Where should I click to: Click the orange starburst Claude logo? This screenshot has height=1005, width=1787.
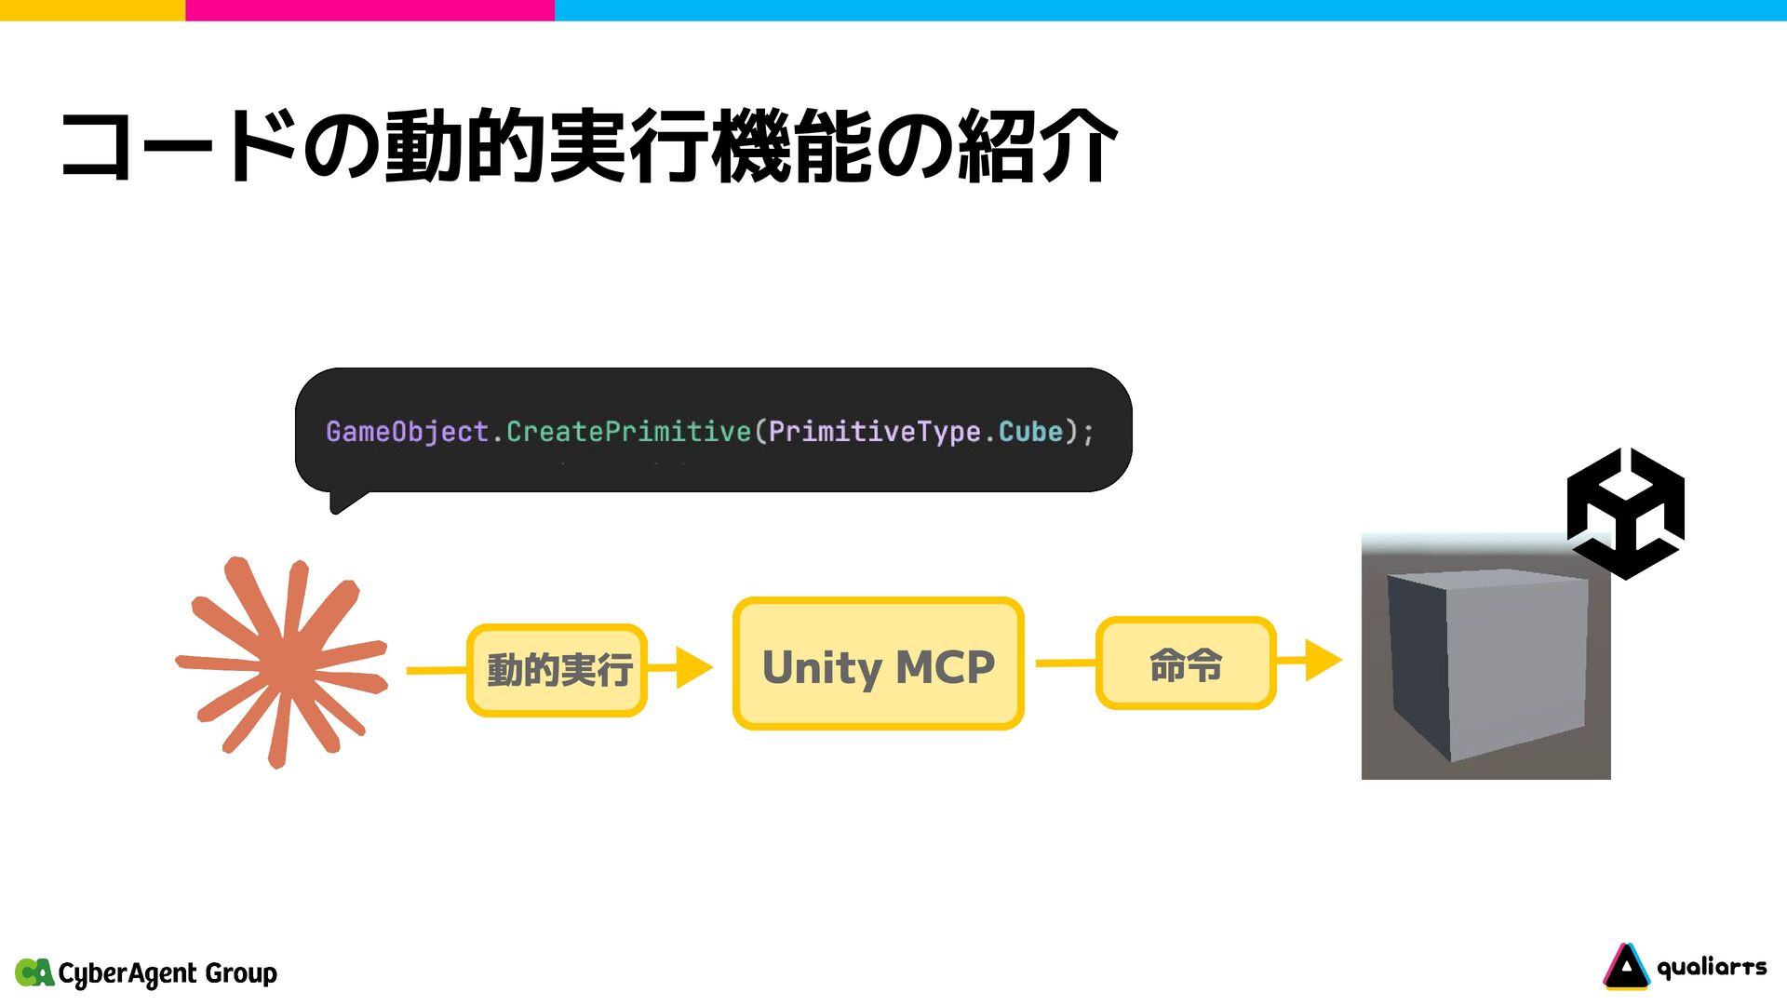pyautogui.click(x=282, y=663)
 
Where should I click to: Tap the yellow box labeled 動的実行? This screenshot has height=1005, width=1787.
pyautogui.click(x=558, y=670)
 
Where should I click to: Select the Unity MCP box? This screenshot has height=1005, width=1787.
pyautogui.click(x=878, y=664)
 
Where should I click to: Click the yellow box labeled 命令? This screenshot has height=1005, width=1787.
pyautogui.click(x=1185, y=663)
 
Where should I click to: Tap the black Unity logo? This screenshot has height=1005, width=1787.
pyautogui.click(x=1625, y=514)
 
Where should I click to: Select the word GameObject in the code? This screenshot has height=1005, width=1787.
pyautogui.click(x=407, y=432)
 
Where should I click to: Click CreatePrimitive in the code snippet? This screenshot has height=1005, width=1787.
pyautogui.click(x=628, y=432)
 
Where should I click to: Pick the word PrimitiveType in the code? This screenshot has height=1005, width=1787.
pyautogui.click(x=874, y=432)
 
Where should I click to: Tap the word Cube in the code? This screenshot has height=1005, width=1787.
pyautogui.click(x=1030, y=432)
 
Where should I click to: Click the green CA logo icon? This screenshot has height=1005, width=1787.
pyautogui.click(x=34, y=972)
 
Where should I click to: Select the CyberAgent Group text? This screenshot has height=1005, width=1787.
pyautogui.click(x=168, y=973)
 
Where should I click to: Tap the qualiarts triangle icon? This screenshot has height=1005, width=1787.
pyautogui.click(x=1625, y=967)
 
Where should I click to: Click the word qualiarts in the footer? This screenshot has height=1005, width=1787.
pyautogui.click(x=1712, y=968)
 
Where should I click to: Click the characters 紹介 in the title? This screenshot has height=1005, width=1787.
pyautogui.click(x=1037, y=146)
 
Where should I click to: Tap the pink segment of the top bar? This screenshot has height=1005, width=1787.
pyautogui.click(x=369, y=10)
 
